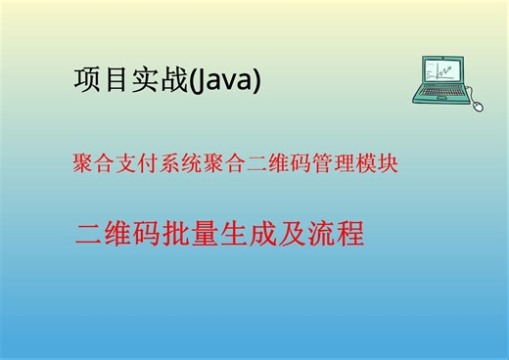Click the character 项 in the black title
(86, 80)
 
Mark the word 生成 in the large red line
(255, 234)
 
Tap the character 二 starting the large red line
(89, 234)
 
